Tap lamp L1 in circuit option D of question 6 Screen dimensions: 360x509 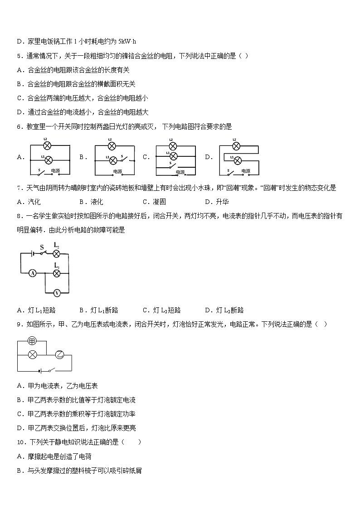[x=237, y=160]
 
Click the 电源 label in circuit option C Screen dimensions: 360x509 [x=180, y=172]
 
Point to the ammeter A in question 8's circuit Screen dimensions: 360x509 [x=33, y=273]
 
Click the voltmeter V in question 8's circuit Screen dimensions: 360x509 [x=57, y=293]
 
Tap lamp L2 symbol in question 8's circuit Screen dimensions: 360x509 [x=57, y=253]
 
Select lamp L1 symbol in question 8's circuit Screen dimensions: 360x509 [x=57, y=273]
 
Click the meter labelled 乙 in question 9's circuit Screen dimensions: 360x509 [x=60, y=354]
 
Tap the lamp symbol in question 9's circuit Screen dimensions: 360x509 [x=32, y=354]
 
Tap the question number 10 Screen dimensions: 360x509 [x=21, y=442]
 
